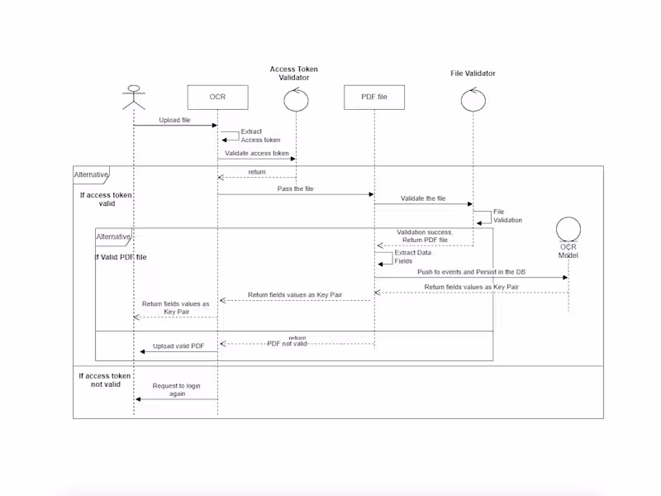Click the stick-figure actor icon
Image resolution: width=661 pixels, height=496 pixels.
134,98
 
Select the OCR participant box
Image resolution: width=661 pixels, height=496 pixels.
217,98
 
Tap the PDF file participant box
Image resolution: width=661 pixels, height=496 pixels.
374,98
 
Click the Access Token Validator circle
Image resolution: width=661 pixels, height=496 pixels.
296,99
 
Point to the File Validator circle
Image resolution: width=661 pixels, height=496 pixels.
473,99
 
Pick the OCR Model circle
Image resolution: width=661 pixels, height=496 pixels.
568,229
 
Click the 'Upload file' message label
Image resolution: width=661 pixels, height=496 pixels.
174,121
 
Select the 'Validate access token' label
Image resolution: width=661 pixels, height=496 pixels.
257,153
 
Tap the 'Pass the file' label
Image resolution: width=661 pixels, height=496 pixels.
295,189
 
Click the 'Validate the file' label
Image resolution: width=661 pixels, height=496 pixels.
423,199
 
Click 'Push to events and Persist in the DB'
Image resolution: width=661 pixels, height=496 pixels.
470,272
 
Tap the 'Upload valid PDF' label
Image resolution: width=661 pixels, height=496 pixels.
178,346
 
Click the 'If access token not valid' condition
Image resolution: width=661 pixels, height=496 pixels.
106,380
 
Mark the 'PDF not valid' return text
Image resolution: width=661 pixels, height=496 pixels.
287,343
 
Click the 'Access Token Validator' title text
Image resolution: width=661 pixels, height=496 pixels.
293,74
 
